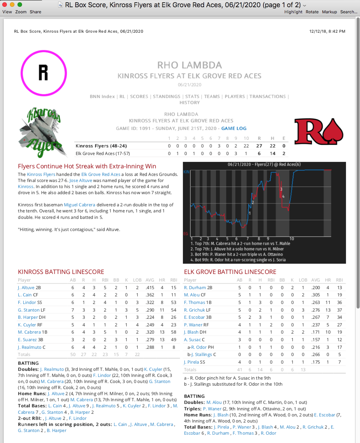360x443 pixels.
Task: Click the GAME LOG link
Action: coord(234,129)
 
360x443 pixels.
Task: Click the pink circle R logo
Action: coord(43,73)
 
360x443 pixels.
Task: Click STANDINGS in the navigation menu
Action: coord(167,97)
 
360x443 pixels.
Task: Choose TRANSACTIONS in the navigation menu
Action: coord(268,97)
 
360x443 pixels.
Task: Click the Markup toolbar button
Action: coord(329,12)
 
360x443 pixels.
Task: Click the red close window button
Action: coord(5,5)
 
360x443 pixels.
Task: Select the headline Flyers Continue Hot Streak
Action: coord(87,166)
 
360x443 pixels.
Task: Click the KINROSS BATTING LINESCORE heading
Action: coord(61,272)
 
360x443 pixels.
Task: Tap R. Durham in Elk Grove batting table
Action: coord(195,288)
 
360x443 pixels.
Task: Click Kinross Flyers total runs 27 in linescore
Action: coord(259,146)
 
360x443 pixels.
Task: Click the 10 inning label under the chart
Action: coord(292,239)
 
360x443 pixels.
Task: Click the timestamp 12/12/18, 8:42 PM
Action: coord(327,32)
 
